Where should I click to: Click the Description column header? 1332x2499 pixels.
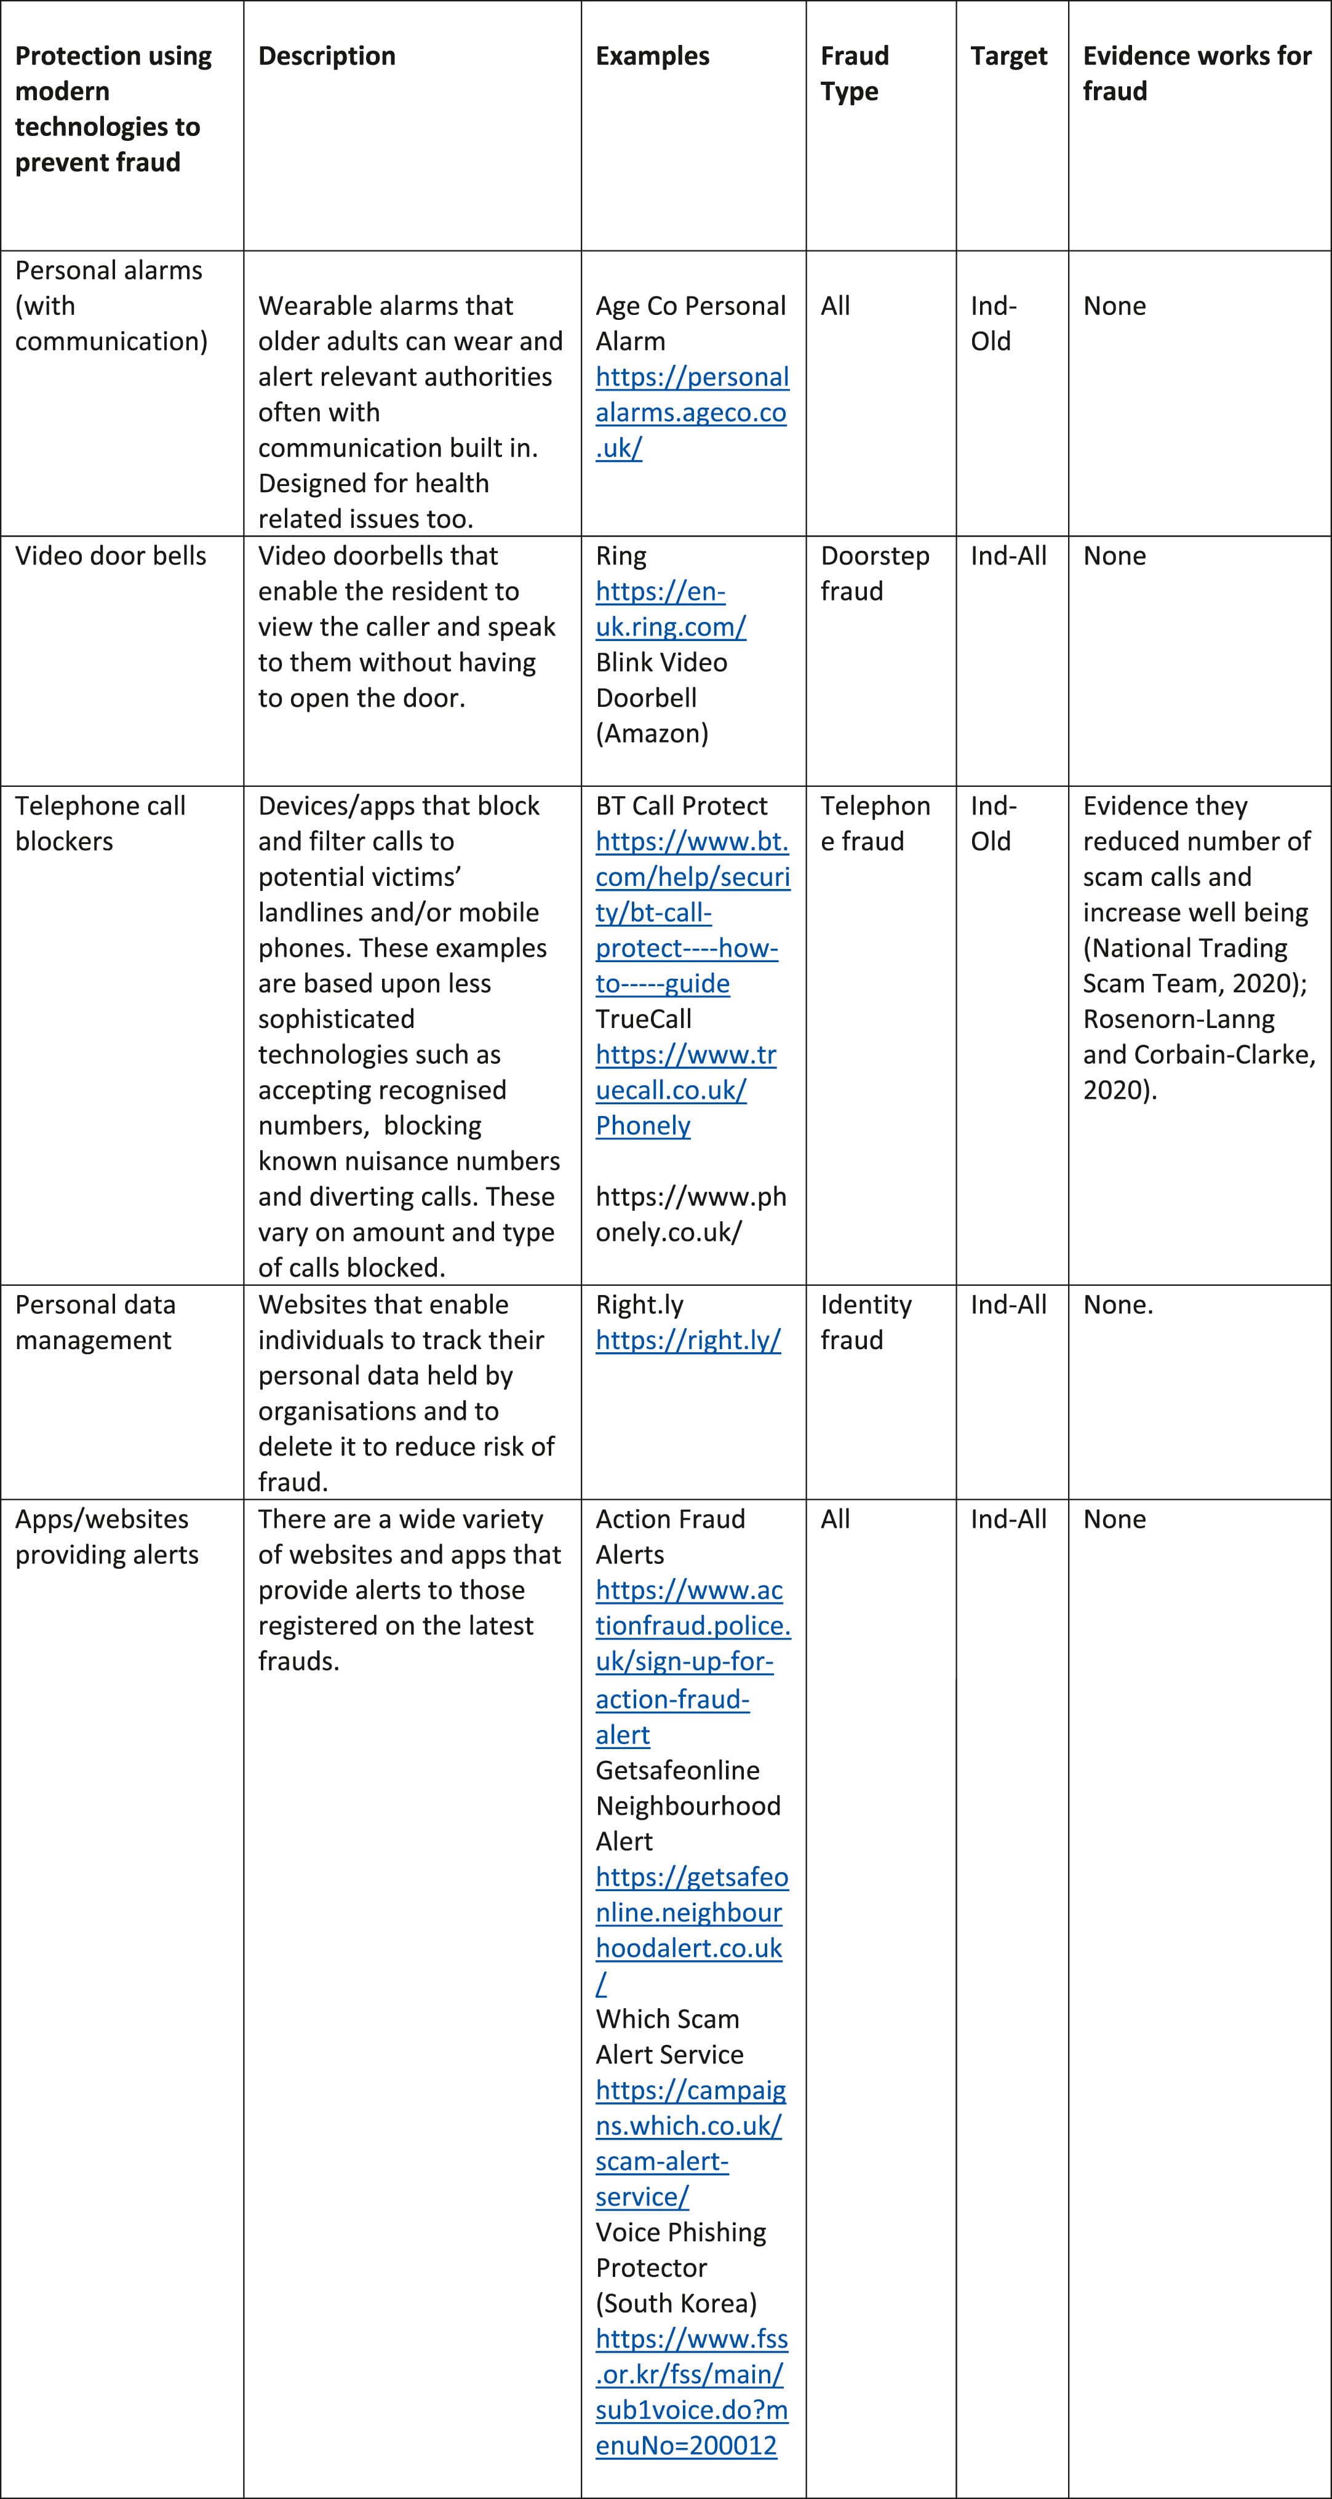[x=326, y=56]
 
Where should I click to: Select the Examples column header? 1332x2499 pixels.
[x=652, y=56]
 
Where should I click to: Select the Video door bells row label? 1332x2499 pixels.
[x=111, y=556]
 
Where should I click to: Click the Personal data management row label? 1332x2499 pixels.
[x=95, y=1321]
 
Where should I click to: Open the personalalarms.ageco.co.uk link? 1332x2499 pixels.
[x=691, y=412]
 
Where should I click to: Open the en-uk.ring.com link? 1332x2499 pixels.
[x=669, y=609]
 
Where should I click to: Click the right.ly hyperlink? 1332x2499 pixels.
[x=688, y=1340]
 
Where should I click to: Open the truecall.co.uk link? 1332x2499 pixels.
[x=685, y=1072]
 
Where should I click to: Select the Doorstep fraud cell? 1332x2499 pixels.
[x=874, y=573]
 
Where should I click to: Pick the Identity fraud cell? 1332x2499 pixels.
[x=866, y=1321]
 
